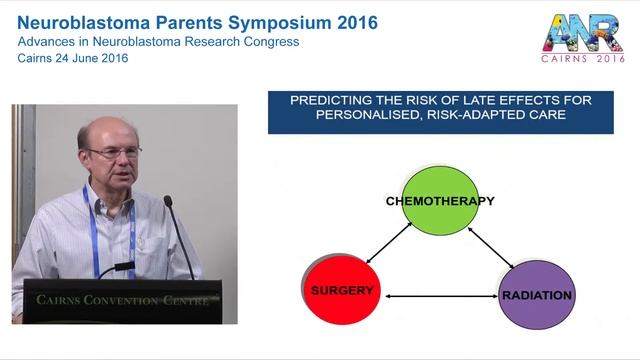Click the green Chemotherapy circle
point(441,205)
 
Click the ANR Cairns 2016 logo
point(582,40)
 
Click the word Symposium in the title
point(269,20)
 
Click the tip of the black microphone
point(168,201)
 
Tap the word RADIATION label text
point(536,296)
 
